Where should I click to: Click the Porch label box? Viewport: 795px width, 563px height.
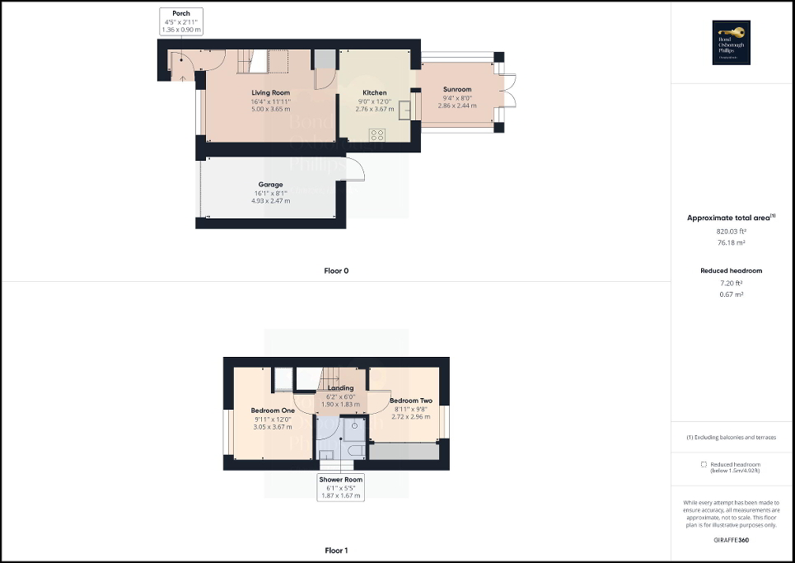point(180,21)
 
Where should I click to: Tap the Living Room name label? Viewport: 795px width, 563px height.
point(271,92)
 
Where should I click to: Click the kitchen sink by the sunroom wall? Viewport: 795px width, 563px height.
point(405,109)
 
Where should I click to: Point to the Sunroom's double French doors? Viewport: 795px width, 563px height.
point(507,91)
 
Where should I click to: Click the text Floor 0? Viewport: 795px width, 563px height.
point(336,270)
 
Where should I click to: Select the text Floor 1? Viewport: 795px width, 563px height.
point(336,550)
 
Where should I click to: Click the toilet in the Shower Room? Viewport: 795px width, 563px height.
point(356,450)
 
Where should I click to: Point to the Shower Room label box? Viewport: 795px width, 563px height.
point(341,487)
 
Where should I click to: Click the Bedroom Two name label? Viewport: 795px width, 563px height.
point(410,401)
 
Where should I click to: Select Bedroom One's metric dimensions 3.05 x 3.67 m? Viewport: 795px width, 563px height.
point(272,427)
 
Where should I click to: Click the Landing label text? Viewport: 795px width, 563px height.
point(340,387)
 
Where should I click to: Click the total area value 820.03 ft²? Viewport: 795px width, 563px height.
point(732,232)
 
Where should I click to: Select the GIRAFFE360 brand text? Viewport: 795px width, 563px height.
point(732,539)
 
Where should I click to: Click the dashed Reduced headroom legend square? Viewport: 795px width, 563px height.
point(704,465)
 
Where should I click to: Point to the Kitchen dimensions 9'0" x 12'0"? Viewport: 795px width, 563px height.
point(375,101)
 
